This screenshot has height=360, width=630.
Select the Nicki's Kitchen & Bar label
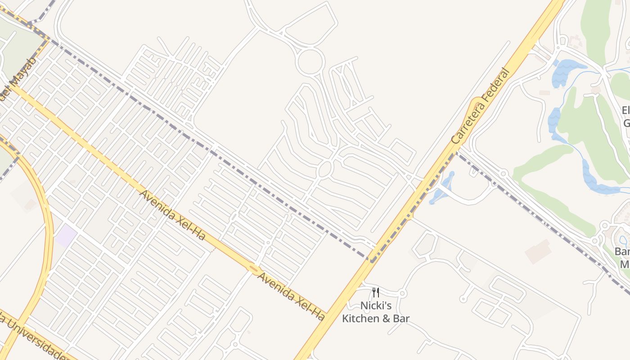point(376,312)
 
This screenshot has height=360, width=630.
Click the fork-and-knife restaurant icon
point(376,293)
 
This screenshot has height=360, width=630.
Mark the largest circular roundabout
point(310,62)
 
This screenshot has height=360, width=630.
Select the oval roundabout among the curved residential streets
point(325,169)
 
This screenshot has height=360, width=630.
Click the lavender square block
point(66,236)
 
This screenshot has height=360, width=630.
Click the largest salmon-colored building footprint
point(538,251)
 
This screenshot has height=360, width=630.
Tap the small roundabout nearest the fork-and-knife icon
point(402,293)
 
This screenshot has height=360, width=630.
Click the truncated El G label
point(625,117)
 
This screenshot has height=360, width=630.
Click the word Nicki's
point(376,306)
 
